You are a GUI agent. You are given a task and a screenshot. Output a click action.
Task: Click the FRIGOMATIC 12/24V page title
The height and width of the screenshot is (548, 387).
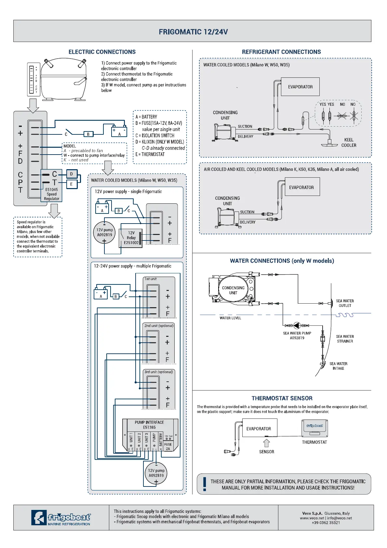coord(193,32)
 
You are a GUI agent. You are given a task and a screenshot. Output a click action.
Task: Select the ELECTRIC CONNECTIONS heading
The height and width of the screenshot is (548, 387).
coord(102,52)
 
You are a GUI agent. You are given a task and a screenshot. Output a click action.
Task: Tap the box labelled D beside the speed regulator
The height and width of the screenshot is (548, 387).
coord(72,174)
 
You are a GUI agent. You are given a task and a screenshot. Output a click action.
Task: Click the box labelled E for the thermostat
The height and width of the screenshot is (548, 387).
coord(72,184)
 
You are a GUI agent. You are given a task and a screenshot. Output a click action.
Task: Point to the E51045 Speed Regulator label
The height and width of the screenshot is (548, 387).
coord(52,194)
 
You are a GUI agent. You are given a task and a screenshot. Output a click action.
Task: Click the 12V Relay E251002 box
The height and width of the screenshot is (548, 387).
coord(131,238)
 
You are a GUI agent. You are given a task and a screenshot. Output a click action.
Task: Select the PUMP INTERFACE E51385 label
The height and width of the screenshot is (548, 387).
coord(149,425)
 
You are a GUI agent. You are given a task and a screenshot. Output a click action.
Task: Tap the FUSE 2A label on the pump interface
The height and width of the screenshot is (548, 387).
coord(168,446)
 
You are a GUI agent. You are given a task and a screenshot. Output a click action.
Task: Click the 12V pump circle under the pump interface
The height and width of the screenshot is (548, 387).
coord(156,473)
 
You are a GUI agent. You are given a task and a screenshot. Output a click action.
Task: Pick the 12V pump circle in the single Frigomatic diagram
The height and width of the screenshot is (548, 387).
coord(104,233)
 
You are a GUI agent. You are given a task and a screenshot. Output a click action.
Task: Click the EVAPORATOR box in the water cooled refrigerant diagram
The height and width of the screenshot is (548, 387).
coord(300,87)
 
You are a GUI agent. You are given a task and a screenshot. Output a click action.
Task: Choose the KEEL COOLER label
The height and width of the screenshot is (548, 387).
coord(349,143)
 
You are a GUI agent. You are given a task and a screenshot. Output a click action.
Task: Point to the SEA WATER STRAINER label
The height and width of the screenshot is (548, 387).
coord(345,339)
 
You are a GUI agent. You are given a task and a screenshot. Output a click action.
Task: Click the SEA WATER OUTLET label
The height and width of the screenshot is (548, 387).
coord(345,303)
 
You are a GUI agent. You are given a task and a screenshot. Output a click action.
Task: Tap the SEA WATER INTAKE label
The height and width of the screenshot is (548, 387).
coord(338,366)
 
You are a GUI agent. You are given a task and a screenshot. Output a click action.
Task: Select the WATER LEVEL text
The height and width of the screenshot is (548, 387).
coord(230,318)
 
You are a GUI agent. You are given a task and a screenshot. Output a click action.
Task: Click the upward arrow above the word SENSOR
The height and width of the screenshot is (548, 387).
coord(267,443)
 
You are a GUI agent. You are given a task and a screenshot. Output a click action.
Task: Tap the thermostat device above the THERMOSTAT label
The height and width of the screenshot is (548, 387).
coord(315,428)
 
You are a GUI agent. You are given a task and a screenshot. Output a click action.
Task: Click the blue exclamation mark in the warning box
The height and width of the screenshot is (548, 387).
coord(205,484)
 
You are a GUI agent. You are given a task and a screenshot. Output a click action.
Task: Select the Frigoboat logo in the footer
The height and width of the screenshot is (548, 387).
coord(61,517)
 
